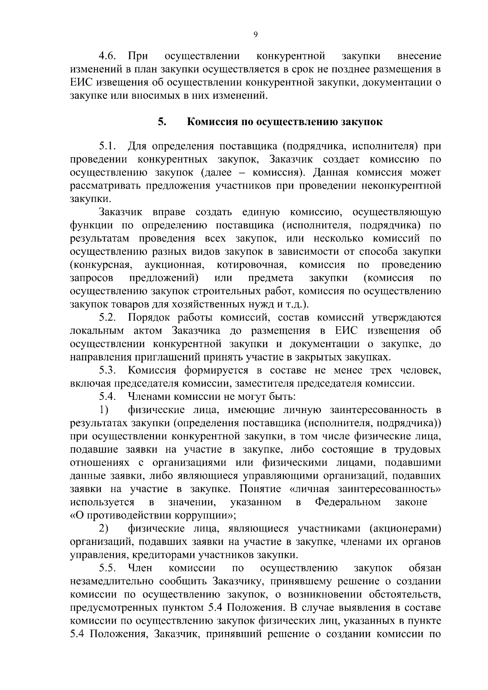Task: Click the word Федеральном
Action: [348, 502]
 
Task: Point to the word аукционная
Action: [174, 265]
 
